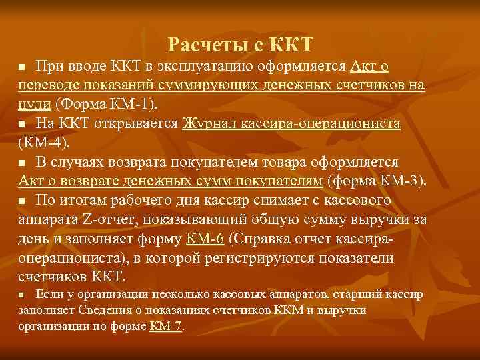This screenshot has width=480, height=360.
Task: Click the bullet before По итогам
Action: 22,201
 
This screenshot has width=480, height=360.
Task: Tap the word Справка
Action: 263,238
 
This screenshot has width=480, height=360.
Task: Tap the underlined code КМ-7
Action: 165,326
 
